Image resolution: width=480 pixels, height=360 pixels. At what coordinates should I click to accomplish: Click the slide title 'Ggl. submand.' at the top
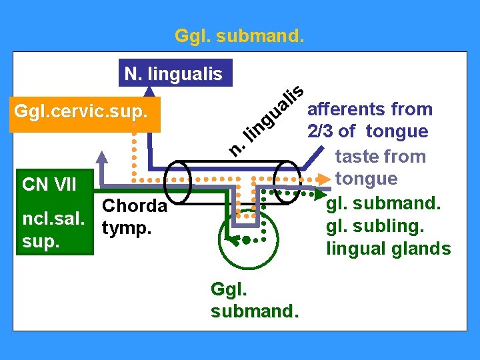(240, 35)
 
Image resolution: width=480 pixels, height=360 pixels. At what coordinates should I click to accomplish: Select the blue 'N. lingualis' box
(173, 73)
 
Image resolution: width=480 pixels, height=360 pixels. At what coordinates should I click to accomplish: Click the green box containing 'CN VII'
(49, 183)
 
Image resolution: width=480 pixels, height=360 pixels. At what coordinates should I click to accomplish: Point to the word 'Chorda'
(135, 206)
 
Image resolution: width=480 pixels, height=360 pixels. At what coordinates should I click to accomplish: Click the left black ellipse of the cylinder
(178, 183)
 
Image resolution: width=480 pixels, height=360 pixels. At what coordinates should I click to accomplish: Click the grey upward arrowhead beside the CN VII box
(102, 158)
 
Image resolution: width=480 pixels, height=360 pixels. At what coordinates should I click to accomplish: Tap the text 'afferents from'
(371, 109)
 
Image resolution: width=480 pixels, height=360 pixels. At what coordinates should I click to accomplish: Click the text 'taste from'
(380, 157)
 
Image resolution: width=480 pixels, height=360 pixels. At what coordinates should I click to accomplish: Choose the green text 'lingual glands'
(388, 249)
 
